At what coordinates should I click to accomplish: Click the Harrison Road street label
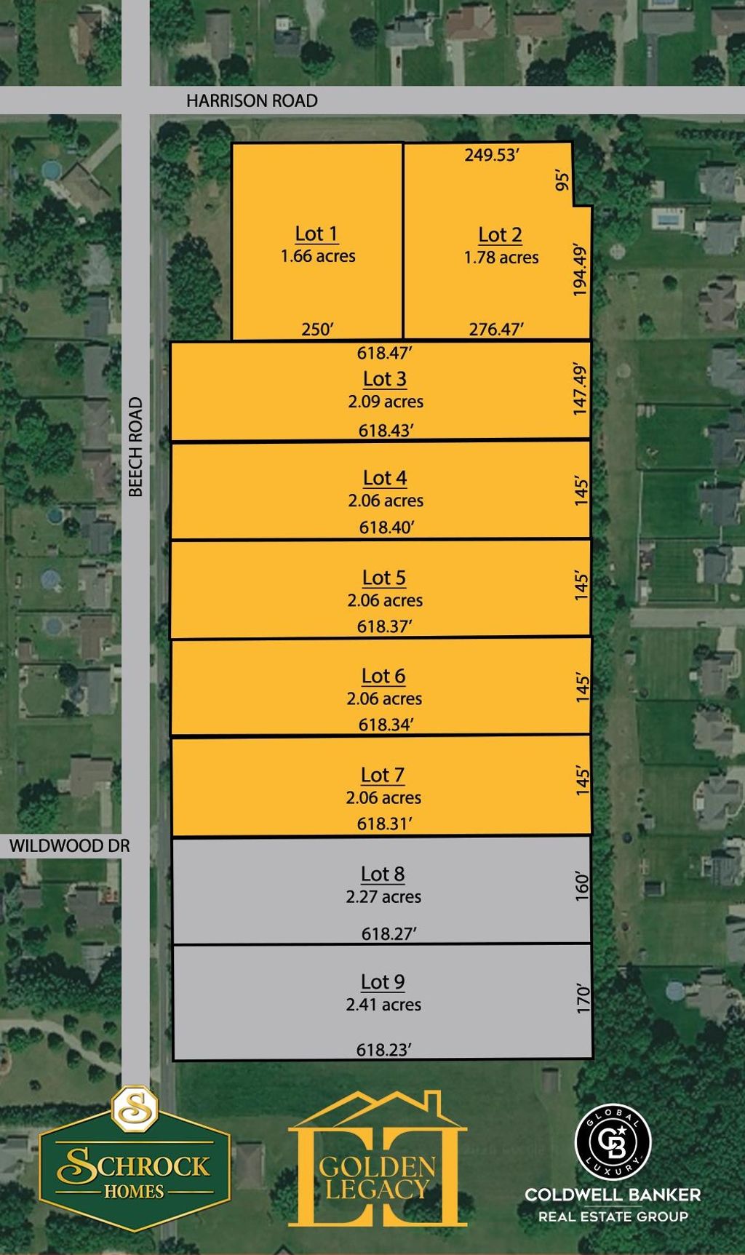pos(252,100)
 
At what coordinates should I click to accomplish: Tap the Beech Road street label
pos(136,447)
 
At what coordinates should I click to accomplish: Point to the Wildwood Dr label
pos(70,845)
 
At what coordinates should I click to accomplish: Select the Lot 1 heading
pos(316,234)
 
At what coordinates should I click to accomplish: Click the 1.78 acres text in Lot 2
pos(501,257)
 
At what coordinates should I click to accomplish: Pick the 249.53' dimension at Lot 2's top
pos(491,154)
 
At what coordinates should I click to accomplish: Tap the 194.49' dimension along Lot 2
pos(580,269)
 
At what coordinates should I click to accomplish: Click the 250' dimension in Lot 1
pos(317,329)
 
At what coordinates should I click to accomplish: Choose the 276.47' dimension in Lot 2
pos(496,329)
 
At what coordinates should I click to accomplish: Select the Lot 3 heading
pos(385,379)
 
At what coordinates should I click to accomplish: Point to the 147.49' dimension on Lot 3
pos(580,389)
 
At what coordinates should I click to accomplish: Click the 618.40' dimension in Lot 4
pos(386,527)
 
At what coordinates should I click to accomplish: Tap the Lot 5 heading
pos(384,578)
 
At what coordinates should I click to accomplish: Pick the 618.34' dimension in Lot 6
pos(386,725)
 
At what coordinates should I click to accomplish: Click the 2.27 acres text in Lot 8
pos(383,896)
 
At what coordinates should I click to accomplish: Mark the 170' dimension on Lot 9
pos(582,998)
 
